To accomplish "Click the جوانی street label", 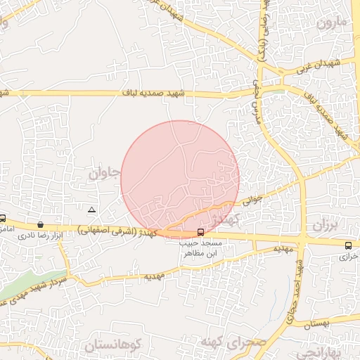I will (252, 199).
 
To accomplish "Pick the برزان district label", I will (325, 226).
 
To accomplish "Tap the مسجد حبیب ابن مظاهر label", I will (202, 247).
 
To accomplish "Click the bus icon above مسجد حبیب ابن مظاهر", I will (201, 232).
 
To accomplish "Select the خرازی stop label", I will (349, 257).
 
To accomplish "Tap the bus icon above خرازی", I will (349, 245).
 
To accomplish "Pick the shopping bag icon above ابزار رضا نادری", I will (41, 224).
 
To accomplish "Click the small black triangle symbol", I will (91, 210).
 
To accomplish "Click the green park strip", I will (28, 285).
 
